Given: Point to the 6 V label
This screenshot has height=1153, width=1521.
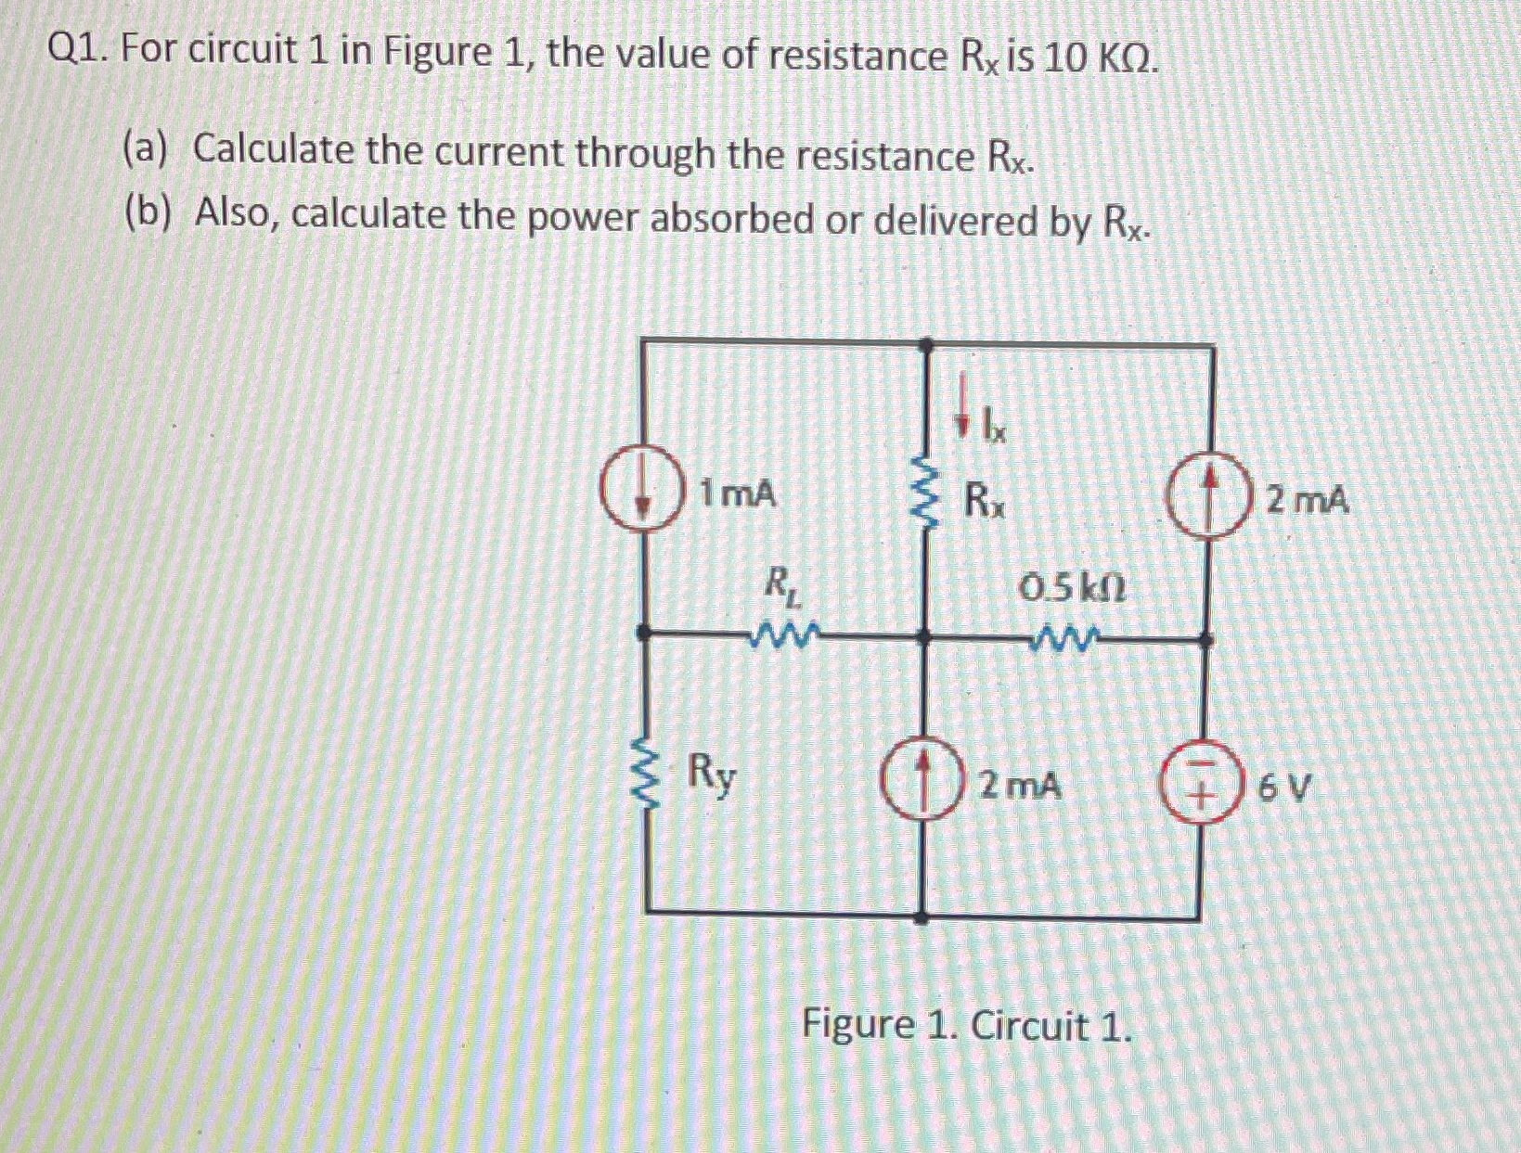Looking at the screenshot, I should tap(1285, 790).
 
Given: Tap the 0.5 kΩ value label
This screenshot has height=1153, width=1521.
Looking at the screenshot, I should tap(1071, 587).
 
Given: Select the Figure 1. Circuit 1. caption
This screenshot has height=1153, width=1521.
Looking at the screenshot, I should tap(966, 1026).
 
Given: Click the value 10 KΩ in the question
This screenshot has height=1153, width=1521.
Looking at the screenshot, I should tap(1100, 58).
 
